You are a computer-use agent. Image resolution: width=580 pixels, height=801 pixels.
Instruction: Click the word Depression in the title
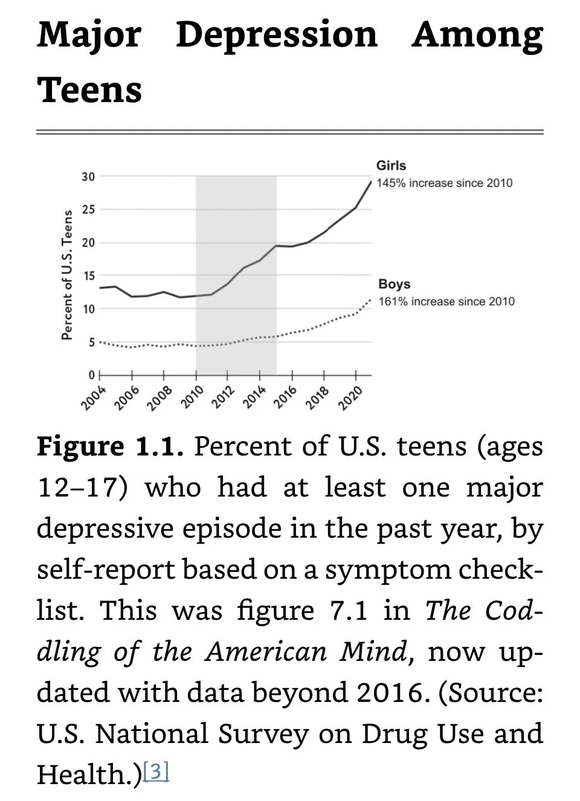[x=277, y=35]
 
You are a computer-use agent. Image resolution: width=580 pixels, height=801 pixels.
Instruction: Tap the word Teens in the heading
[x=89, y=90]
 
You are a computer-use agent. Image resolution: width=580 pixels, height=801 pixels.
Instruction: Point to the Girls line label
[x=391, y=166]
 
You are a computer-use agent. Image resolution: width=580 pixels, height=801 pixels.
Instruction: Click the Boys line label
[x=394, y=284]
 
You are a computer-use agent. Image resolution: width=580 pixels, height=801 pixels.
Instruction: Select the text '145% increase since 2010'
[x=444, y=183]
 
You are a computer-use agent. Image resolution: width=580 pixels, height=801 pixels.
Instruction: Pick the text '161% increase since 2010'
[x=446, y=301]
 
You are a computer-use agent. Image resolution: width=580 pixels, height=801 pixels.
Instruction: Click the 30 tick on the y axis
[x=88, y=177]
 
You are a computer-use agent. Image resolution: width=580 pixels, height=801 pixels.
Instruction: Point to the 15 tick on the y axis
[x=88, y=276]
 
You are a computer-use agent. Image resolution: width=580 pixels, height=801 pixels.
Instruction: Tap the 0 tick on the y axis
[x=91, y=375]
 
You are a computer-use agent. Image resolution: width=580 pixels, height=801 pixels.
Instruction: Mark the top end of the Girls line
[x=371, y=180]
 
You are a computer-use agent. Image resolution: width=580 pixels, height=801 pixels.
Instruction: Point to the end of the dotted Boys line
[x=370, y=300]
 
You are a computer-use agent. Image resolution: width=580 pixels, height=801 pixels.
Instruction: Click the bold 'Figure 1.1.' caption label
[x=110, y=447]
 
